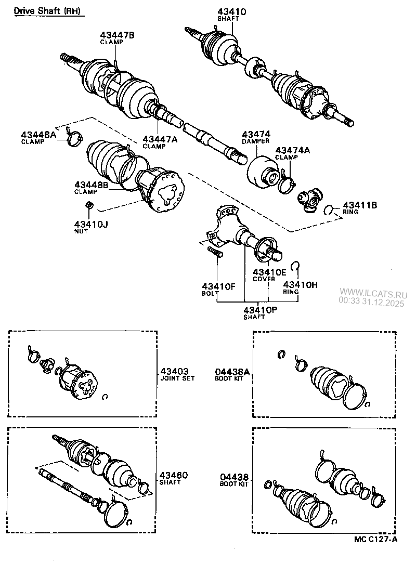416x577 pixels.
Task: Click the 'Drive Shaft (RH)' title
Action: pos(47,11)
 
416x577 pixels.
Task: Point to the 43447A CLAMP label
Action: pos(160,142)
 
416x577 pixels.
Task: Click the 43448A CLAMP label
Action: pos(38,137)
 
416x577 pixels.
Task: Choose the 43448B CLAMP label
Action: pos(92,188)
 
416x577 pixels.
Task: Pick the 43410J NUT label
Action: pos(92,227)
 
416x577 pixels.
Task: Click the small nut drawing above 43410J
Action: pos(89,206)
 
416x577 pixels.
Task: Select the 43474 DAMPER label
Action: pos(256,137)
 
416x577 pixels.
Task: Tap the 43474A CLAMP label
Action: pos(292,153)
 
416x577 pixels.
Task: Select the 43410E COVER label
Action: pos(269,275)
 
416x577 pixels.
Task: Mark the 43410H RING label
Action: pos(300,287)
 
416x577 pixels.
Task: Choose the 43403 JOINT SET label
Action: pos(177,374)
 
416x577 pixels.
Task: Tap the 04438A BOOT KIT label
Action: pos(232,374)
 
